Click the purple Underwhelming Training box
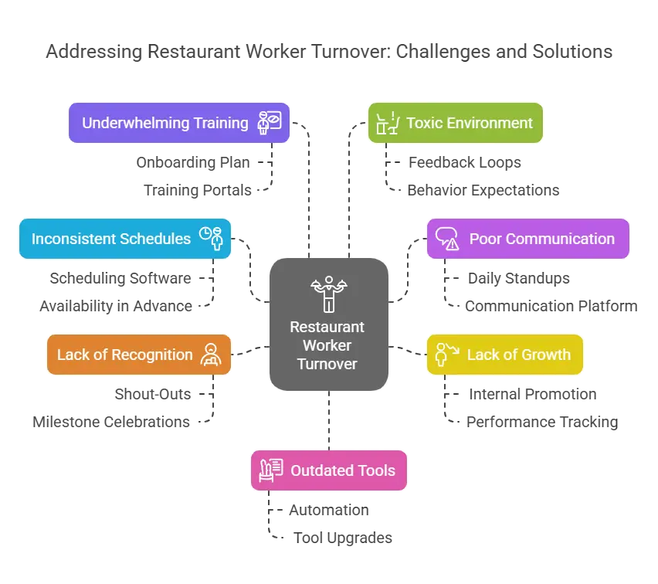(x=179, y=123)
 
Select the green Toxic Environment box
(x=456, y=123)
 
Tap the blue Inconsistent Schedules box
(x=125, y=239)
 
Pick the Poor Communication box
(x=528, y=239)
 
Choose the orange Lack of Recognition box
(x=139, y=355)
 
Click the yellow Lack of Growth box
(x=505, y=355)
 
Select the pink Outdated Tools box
(x=329, y=470)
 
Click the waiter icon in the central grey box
(x=329, y=294)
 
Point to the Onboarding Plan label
(x=193, y=162)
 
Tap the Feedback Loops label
(x=465, y=162)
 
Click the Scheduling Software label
(x=120, y=278)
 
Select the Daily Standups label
(x=519, y=278)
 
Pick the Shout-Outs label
(x=153, y=394)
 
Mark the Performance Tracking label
(x=542, y=422)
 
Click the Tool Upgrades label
(x=343, y=538)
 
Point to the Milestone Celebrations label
(x=111, y=422)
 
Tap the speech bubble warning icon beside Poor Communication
(x=447, y=239)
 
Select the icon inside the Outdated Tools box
(x=271, y=470)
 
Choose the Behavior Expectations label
(x=483, y=190)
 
